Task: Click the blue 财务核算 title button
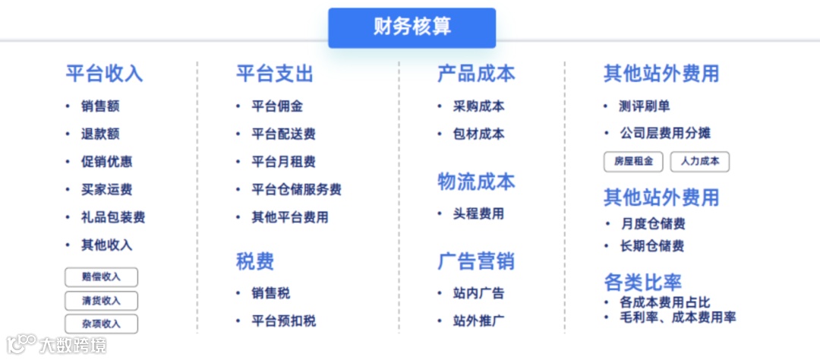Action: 412,27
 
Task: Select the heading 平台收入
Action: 104,74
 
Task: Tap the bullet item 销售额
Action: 100,106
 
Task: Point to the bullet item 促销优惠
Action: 107,162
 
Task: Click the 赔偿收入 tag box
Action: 101,276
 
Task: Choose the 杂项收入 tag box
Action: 101,324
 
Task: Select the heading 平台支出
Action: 274,74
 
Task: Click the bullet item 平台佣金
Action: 277,106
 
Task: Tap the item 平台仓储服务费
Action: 296,189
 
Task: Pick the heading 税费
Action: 255,261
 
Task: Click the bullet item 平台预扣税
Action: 283,321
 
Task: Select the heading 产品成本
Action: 476,74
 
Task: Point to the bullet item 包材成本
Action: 478,134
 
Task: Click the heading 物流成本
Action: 476,182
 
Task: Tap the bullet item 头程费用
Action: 478,213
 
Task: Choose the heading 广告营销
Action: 476,261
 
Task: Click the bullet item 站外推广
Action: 478,321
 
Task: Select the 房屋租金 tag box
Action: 633,161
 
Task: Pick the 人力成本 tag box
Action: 699,161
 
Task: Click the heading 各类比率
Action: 642,283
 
